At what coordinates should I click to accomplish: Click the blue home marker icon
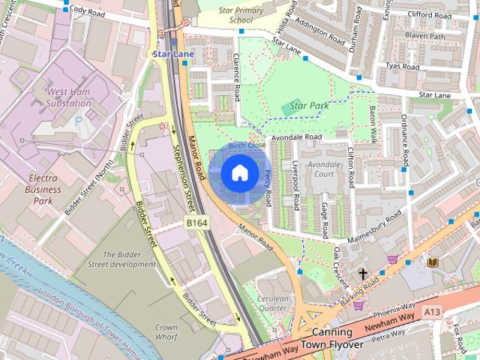[x=238, y=173]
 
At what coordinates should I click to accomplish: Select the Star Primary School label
[x=241, y=15]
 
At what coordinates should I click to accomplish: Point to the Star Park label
[x=308, y=106]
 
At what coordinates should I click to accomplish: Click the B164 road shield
[x=196, y=223]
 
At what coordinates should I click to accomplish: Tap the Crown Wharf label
[x=166, y=332]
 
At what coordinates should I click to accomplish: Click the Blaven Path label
[x=424, y=36]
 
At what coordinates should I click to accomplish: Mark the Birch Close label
[x=247, y=145]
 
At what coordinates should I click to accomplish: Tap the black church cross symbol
[x=363, y=274]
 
